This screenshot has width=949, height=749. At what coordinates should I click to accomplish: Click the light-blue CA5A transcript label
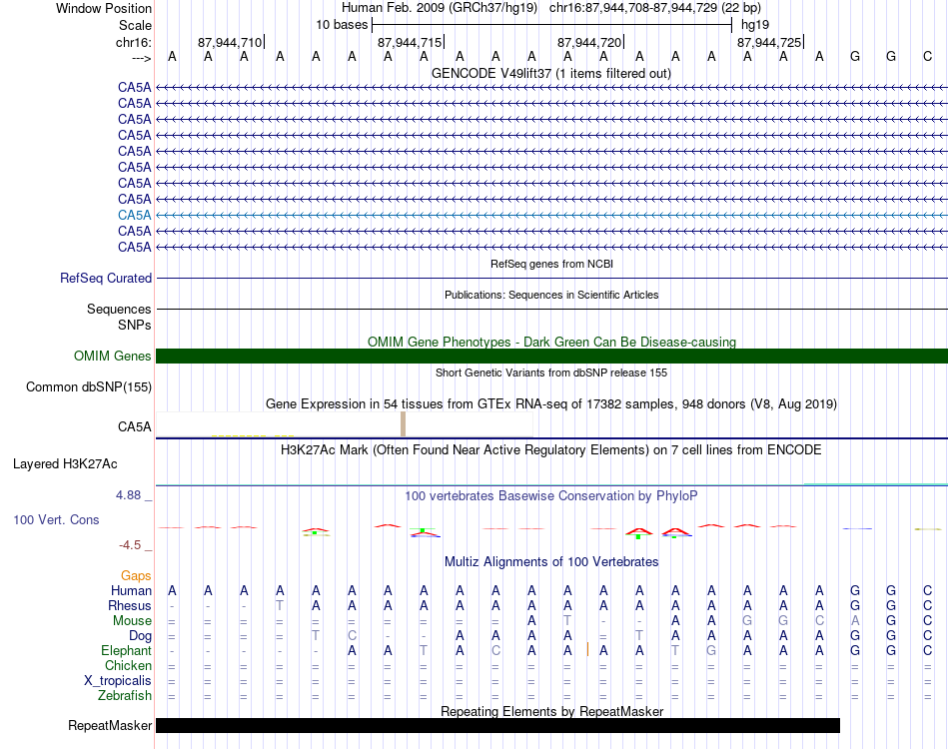(x=134, y=215)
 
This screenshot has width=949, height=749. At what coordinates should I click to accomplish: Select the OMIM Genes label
(x=112, y=357)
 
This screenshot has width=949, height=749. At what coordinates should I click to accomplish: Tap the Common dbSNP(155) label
(x=89, y=387)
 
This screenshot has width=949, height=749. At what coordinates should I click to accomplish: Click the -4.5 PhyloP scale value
(x=133, y=545)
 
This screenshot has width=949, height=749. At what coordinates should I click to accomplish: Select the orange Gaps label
(x=136, y=576)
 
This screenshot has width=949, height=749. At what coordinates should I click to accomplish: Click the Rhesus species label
(x=130, y=606)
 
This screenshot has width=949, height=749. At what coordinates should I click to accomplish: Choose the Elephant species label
(x=127, y=651)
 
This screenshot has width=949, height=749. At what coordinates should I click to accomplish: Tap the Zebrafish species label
(x=126, y=696)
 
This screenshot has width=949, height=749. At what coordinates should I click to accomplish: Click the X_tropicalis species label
(x=118, y=681)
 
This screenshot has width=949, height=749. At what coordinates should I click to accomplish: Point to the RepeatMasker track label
(x=110, y=726)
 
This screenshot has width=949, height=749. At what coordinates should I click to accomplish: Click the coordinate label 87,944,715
(x=410, y=43)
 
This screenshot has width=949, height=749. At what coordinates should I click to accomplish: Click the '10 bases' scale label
(x=342, y=25)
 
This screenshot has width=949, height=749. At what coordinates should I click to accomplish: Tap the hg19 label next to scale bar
(x=755, y=25)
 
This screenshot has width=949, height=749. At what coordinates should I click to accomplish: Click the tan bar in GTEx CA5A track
(x=403, y=423)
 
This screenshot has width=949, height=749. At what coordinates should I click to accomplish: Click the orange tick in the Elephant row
(x=587, y=650)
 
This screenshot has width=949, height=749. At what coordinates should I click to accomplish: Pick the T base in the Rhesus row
(x=281, y=606)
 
